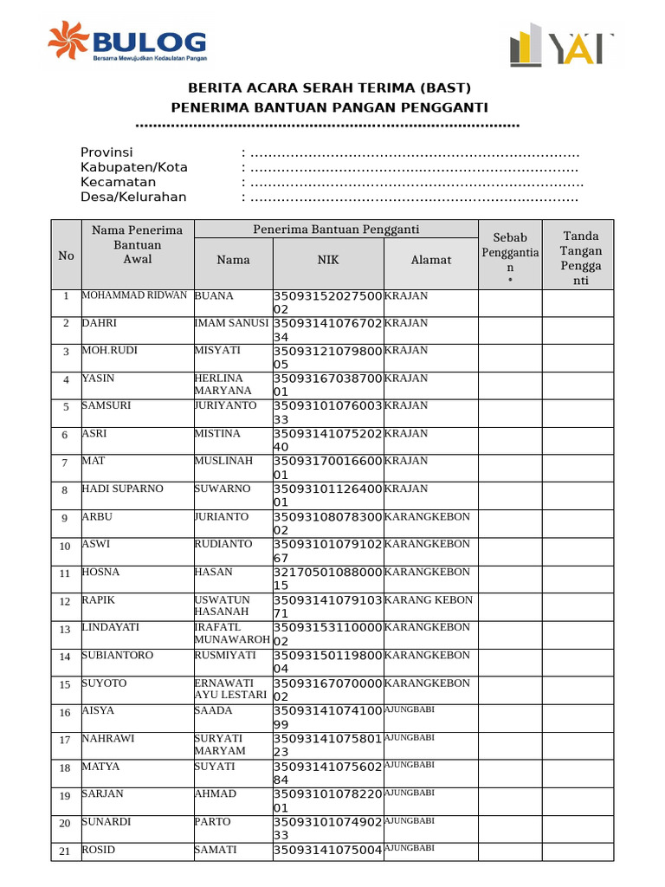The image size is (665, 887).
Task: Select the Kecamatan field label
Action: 118,182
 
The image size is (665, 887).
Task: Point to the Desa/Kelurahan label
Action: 133,197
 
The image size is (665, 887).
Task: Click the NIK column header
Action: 328,260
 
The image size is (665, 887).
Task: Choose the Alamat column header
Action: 430,260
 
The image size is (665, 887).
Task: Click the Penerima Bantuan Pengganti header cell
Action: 336,230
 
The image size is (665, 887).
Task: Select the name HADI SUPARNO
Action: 122,489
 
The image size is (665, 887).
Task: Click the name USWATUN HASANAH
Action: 222,605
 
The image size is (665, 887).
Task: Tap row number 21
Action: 65,851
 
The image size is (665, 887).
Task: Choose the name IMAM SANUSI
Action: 231,323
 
